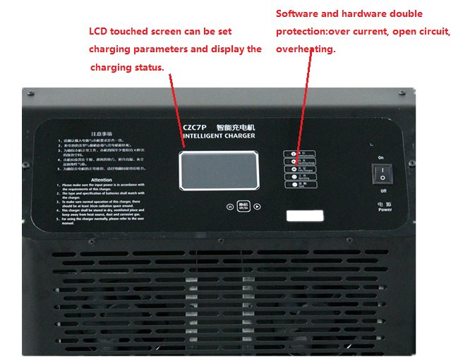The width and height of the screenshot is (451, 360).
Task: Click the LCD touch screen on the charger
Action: click(x=217, y=169)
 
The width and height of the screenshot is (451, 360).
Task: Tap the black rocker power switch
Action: click(x=382, y=174)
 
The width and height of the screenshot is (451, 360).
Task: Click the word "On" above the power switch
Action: click(x=381, y=157)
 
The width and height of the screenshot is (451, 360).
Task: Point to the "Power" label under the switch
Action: click(x=385, y=209)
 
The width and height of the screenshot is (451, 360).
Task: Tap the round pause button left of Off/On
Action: click(x=230, y=207)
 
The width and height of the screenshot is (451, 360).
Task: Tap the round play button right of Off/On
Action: click(x=258, y=207)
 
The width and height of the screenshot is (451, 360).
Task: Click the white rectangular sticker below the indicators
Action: click(x=305, y=216)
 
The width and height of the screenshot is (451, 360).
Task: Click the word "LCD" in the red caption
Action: click(x=100, y=32)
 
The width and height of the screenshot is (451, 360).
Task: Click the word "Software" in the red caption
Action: click(x=296, y=14)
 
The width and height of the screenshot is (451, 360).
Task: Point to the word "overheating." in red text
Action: click(x=306, y=49)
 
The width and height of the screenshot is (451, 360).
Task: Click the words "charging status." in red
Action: click(x=127, y=67)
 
